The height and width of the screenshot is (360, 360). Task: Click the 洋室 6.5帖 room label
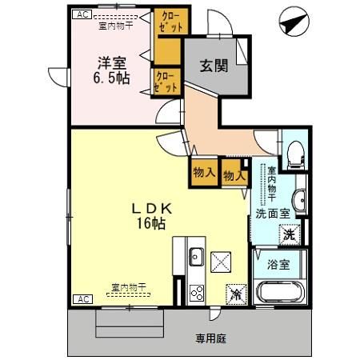110,70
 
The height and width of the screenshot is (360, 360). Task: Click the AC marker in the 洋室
81,14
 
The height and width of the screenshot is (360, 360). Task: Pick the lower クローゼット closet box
166,82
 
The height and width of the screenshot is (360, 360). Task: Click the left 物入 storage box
203,171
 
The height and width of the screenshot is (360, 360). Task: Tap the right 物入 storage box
233,171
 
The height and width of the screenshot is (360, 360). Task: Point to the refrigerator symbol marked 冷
236,294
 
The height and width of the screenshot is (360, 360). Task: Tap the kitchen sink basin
196,258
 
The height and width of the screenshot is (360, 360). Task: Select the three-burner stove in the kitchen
196,294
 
